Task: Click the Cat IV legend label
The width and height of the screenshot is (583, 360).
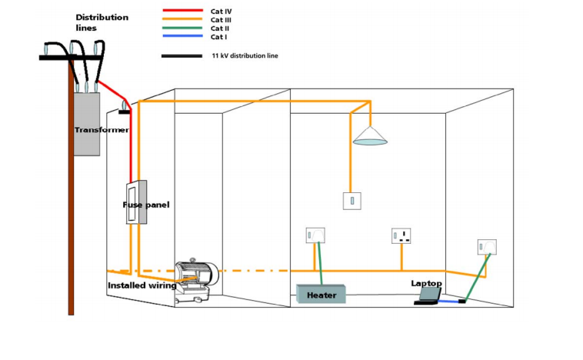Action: point(222,12)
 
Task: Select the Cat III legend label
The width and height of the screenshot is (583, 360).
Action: point(223,20)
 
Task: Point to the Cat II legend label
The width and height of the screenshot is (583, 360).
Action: point(222,28)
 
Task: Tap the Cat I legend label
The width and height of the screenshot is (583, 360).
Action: point(220,37)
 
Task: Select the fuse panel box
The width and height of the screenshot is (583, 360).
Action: point(136,202)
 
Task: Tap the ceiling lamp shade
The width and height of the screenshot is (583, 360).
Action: point(370,138)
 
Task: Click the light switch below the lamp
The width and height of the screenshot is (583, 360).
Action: point(351,201)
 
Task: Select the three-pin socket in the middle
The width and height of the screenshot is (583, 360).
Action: point(401,235)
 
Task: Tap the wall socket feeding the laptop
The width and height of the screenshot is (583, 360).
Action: point(486,246)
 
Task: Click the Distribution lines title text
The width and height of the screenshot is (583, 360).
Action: point(101,22)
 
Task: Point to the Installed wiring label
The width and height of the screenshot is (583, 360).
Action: point(142,285)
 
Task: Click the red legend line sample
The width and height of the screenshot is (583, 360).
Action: point(182,12)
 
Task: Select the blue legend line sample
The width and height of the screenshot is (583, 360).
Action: point(182,37)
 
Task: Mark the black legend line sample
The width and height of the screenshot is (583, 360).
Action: point(182,56)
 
